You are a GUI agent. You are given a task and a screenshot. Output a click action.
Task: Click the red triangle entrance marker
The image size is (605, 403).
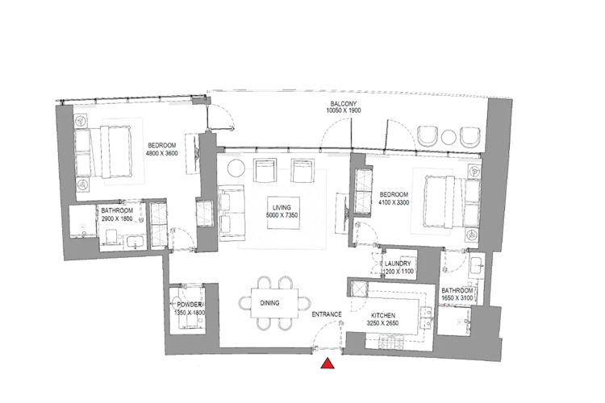[x=328, y=364]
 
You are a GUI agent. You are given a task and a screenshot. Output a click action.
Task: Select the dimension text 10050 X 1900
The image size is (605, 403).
[x=344, y=113]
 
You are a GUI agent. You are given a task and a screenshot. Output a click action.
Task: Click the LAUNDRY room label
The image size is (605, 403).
[x=398, y=264]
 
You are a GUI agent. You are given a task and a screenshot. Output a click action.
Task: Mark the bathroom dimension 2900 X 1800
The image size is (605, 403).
[x=115, y=218]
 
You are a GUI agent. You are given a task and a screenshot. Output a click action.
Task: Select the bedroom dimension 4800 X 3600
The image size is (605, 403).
[x=161, y=153]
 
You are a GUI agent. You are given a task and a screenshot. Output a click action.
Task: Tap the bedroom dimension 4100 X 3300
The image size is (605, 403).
[x=394, y=202]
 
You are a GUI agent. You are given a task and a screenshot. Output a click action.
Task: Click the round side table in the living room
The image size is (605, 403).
[x=235, y=168]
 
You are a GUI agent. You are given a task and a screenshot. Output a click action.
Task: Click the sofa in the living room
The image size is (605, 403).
[x=232, y=211]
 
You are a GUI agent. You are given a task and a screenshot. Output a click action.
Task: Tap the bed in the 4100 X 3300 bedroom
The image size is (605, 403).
[x=441, y=201]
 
